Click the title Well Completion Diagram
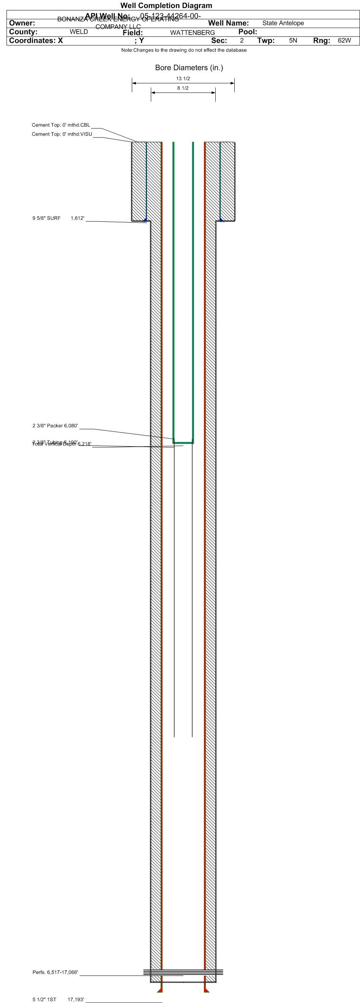pyautogui.click(x=166, y=5)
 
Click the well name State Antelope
pyautogui.click(x=283, y=23)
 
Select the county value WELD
pyautogui.click(x=79, y=32)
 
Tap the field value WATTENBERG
pyautogui.click(x=192, y=33)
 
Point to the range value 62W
pyautogui.click(x=344, y=41)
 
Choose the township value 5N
pyautogui.click(x=293, y=41)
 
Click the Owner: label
pyautogui.click(x=22, y=23)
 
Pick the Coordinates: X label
pyautogui.click(x=36, y=41)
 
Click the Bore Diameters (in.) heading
pyautogui.click(x=189, y=68)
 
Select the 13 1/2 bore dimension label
pyautogui.click(x=183, y=79)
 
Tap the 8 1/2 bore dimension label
pyautogui.click(x=183, y=88)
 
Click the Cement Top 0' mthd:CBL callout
pyautogui.click(x=61, y=125)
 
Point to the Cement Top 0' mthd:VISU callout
pyautogui.click(x=62, y=134)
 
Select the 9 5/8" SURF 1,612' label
pyautogui.click(x=58, y=218)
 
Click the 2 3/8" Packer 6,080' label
pyautogui.click(x=55, y=426)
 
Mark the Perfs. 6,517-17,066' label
pyautogui.click(x=55, y=972)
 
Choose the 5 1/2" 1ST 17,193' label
pyautogui.click(x=58, y=1000)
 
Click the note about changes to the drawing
pyautogui.click(x=184, y=50)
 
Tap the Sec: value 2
pyautogui.click(x=242, y=41)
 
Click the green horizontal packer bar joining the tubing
pyautogui.click(x=183, y=443)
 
